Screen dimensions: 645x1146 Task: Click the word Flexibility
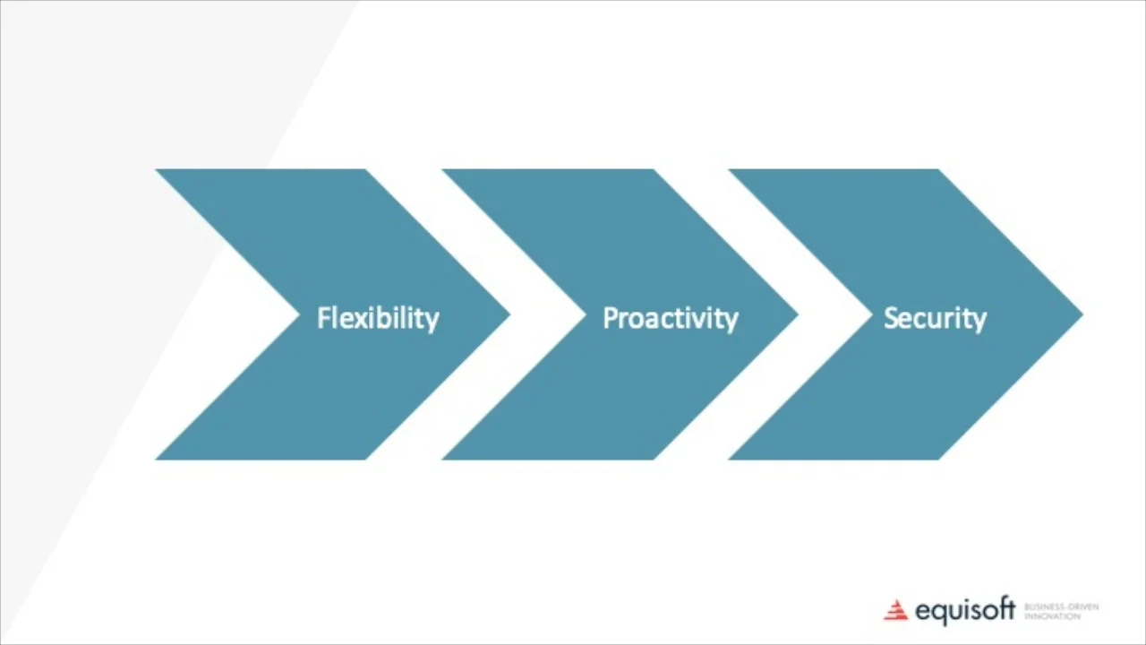378,319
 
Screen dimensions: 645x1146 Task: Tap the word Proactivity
670,319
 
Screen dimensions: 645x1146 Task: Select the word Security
935,319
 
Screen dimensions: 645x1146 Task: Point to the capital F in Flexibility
324,318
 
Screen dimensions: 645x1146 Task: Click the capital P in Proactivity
610,318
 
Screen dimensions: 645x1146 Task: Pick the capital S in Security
891,318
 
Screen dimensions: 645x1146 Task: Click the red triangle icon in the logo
895,611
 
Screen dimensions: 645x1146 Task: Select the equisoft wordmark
965,612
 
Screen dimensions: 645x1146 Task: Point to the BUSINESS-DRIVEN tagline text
1061,606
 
